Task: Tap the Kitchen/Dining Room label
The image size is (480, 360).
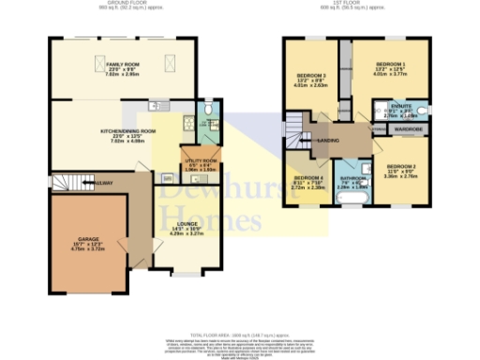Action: click(123, 132)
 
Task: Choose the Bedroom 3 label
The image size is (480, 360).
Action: click(311, 76)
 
